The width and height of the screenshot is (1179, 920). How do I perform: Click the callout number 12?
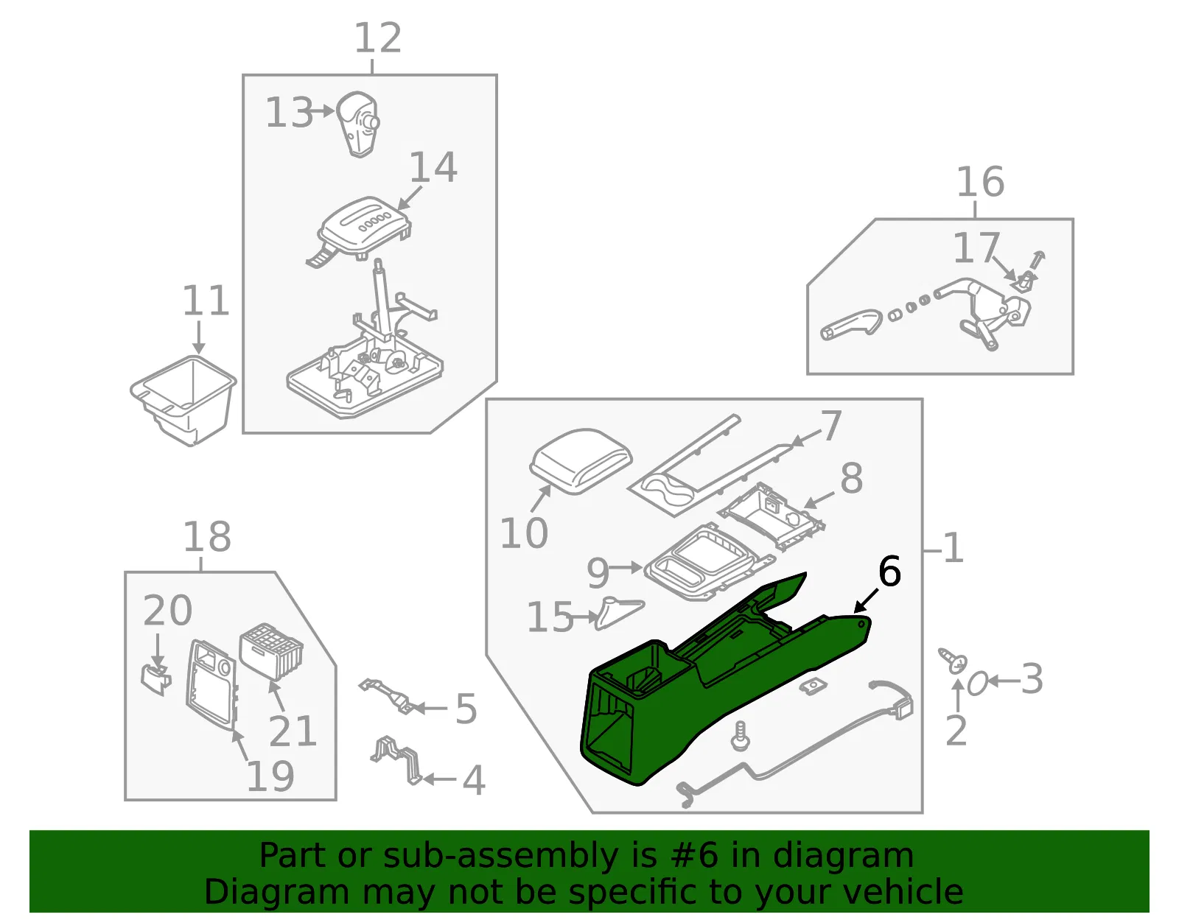point(377,38)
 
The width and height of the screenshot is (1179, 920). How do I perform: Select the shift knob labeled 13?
point(357,124)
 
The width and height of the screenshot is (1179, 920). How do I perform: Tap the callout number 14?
point(433,167)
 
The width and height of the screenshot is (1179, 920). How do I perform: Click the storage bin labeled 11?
point(183,400)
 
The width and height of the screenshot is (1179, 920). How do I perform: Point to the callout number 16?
point(980,182)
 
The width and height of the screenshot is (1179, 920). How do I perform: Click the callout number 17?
point(976,247)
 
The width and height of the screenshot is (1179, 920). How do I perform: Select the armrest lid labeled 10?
point(581,461)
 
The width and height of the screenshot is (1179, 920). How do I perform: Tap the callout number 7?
point(831,426)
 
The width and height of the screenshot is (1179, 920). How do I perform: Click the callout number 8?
point(851,478)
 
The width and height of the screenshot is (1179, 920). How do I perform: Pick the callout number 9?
point(598,574)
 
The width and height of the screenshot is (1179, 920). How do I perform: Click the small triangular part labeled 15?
point(618,614)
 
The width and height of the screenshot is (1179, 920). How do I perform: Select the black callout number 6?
point(889,571)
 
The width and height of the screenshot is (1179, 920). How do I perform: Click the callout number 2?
point(956,731)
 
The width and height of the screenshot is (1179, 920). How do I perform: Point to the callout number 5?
point(466,708)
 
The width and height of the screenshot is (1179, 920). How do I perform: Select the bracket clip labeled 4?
point(396,759)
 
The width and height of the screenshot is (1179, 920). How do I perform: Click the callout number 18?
point(207,537)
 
